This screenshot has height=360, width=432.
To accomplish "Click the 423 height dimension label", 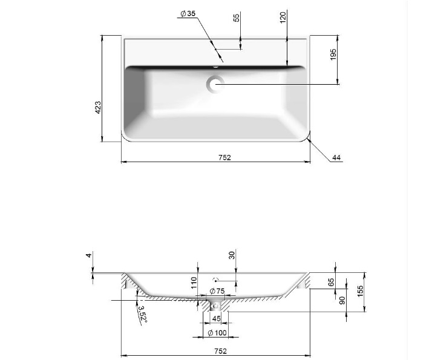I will coord(97,107).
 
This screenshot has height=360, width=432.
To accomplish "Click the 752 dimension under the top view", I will coord(224,157).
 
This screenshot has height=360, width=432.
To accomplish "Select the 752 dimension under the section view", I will coord(220,351).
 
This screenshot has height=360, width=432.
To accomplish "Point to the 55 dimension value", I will coord(237,18).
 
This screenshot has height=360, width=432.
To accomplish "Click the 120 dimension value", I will coord(283,18).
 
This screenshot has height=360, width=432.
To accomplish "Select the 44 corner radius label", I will coord(337,158).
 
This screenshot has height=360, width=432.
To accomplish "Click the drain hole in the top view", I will coord(215,84).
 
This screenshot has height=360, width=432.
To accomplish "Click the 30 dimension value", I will coord(232,257).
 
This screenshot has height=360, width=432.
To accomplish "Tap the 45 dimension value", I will coord(216,319).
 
